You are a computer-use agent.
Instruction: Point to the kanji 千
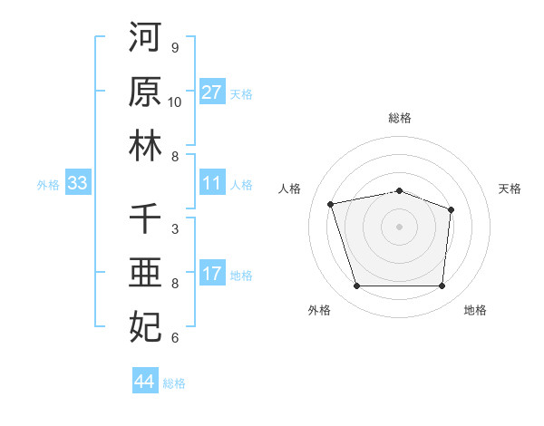point(145,218)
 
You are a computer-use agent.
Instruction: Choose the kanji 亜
point(145,273)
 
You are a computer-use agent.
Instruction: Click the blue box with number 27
point(212,92)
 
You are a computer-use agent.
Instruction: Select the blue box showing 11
point(212,184)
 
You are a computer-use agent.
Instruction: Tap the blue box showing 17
point(212,275)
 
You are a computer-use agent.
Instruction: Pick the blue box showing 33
point(78,184)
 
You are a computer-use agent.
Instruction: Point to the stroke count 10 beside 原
point(175,102)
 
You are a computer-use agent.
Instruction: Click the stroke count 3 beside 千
point(175,229)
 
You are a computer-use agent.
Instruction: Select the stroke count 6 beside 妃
point(175,338)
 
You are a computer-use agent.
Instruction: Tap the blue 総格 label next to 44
point(174,383)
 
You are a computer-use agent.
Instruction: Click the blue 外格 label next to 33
point(48,185)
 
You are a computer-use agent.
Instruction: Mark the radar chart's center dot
point(399,227)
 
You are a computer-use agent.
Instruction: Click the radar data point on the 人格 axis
point(331,204)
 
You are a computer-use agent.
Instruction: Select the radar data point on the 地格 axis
point(442,286)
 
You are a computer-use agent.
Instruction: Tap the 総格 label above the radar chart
point(400,118)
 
